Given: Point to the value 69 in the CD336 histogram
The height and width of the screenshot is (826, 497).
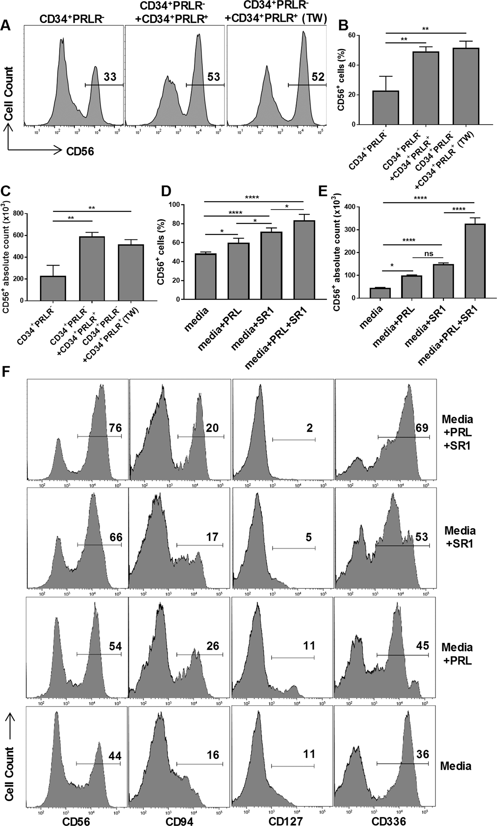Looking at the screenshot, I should [421, 428].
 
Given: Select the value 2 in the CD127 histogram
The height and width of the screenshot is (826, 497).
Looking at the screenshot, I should [309, 428].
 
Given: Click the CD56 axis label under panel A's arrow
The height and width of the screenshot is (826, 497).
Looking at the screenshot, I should [80, 152].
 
